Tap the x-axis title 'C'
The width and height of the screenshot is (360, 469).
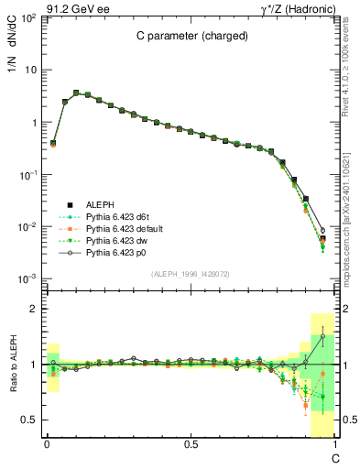[x=335, y=457]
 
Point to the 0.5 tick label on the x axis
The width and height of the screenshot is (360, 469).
[x=190, y=444]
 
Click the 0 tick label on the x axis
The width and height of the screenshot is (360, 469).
[x=46, y=444]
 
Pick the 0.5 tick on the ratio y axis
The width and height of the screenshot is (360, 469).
[x=28, y=419]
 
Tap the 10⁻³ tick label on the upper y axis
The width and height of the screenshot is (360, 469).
[x=27, y=278]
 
